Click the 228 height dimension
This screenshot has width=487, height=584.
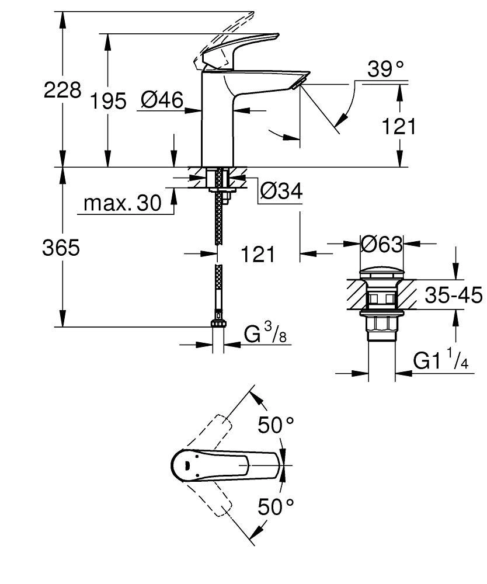pyautogui.click(x=62, y=91)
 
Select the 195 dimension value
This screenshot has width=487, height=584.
pyautogui.click(x=107, y=102)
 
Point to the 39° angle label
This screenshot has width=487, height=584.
pyautogui.click(x=386, y=70)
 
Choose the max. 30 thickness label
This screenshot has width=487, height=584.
pyautogui.click(x=122, y=203)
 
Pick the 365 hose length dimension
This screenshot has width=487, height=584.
pyautogui.click(x=61, y=248)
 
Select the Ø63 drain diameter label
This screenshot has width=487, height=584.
pyautogui.click(x=382, y=244)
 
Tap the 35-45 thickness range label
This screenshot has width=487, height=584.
pyautogui.click(x=453, y=296)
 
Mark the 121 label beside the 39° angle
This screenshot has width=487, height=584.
pyautogui.click(x=399, y=126)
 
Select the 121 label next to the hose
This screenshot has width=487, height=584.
pyautogui.click(x=258, y=254)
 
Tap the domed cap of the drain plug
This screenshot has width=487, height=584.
pyautogui.click(x=381, y=272)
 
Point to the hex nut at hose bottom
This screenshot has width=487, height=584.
pyautogui.click(x=218, y=325)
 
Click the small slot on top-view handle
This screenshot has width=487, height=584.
pyautogui.click(x=186, y=465)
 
